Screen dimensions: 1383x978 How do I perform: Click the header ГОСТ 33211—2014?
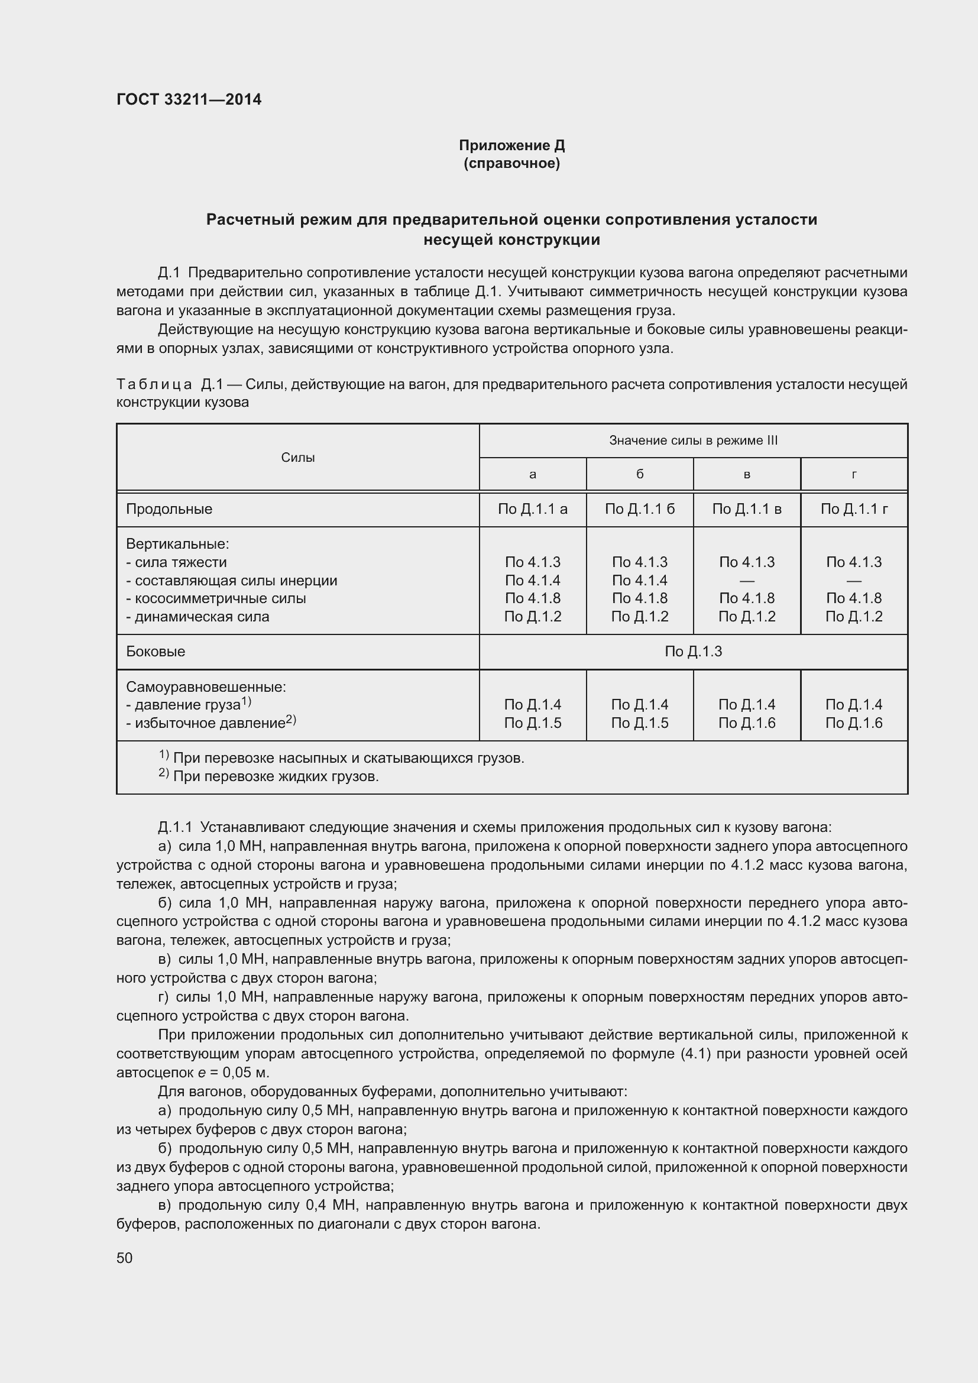pos(189,99)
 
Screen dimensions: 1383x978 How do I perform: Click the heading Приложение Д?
pos(511,145)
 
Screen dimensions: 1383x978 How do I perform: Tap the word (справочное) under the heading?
pos(511,163)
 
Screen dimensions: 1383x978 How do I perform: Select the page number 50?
pos(125,1258)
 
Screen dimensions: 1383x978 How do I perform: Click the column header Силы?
pos(297,457)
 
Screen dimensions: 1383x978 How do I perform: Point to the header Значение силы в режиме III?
pos(693,441)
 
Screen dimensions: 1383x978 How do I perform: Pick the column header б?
pos(640,474)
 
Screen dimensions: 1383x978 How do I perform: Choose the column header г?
pos(854,474)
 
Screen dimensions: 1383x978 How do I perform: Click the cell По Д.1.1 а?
pos(532,509)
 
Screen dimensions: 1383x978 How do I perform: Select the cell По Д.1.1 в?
pos(747,509)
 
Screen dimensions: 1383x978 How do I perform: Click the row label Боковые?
pos(156,652)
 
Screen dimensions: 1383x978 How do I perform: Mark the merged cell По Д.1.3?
pos(693,652)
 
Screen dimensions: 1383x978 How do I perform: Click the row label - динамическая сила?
pos(197,617)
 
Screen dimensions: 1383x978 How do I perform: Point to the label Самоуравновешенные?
pos(206,686)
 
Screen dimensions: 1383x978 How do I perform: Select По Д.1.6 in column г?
pos(854,723)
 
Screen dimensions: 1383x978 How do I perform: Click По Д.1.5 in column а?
pos(532,723)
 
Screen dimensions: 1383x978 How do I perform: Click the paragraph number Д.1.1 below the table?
pos(174,828)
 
